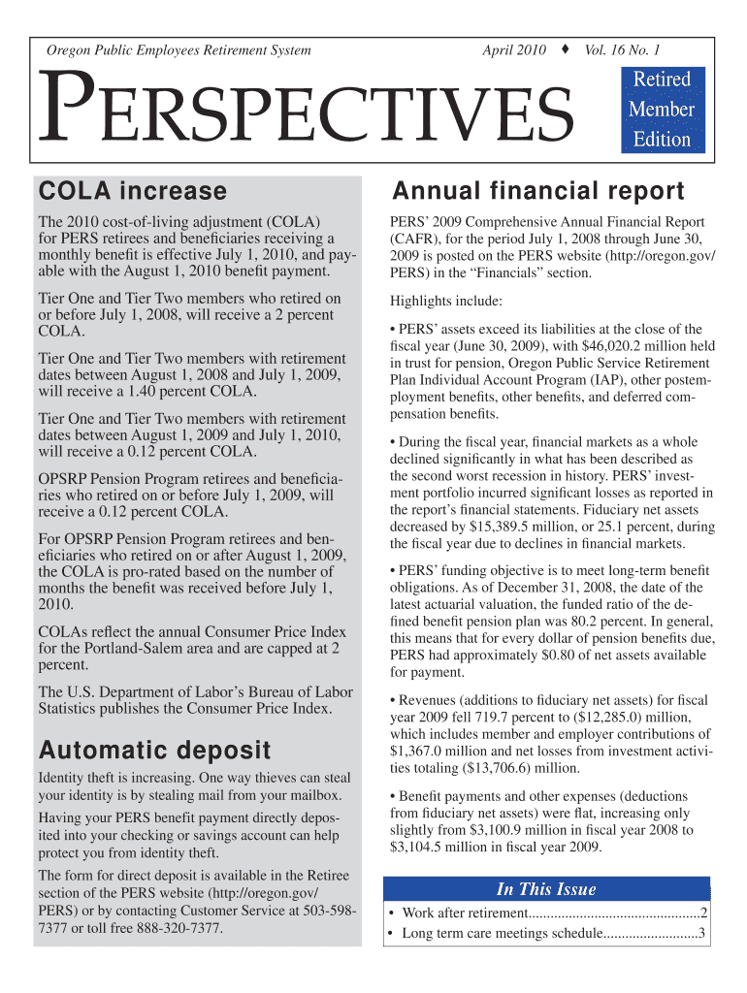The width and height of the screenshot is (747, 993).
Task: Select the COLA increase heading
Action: (131, 191)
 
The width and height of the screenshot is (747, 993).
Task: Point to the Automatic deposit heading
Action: (153, 751)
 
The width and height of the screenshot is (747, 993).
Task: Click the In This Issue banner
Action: (546, 889)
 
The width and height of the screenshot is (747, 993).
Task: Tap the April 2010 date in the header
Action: (514, 49)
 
